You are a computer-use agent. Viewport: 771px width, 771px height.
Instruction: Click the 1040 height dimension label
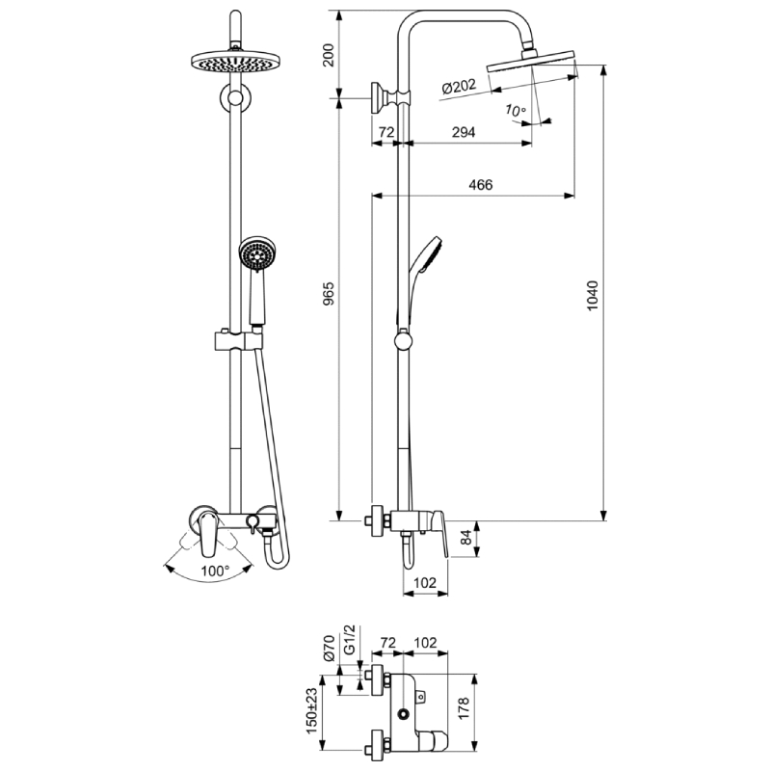(x=593, y=295)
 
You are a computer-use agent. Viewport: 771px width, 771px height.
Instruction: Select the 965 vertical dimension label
(x=329, y=294)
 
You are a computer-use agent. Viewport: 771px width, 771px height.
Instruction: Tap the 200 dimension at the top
(x=328, y=55)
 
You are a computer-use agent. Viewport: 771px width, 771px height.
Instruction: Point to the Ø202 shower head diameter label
(x=460, y=88)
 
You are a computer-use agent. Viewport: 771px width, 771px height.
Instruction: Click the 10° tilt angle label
(x=516, y=111)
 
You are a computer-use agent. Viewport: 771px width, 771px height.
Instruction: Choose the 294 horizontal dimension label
(x=464, y=132)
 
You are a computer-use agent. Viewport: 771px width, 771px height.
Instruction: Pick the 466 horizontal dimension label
(x=480, y=184)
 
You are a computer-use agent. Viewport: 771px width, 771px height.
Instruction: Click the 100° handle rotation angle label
(x=215, y=571)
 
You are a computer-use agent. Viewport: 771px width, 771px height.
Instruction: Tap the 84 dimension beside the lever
(x=466, y=537)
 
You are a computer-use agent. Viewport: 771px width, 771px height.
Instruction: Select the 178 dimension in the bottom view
(x=464, y=708)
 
